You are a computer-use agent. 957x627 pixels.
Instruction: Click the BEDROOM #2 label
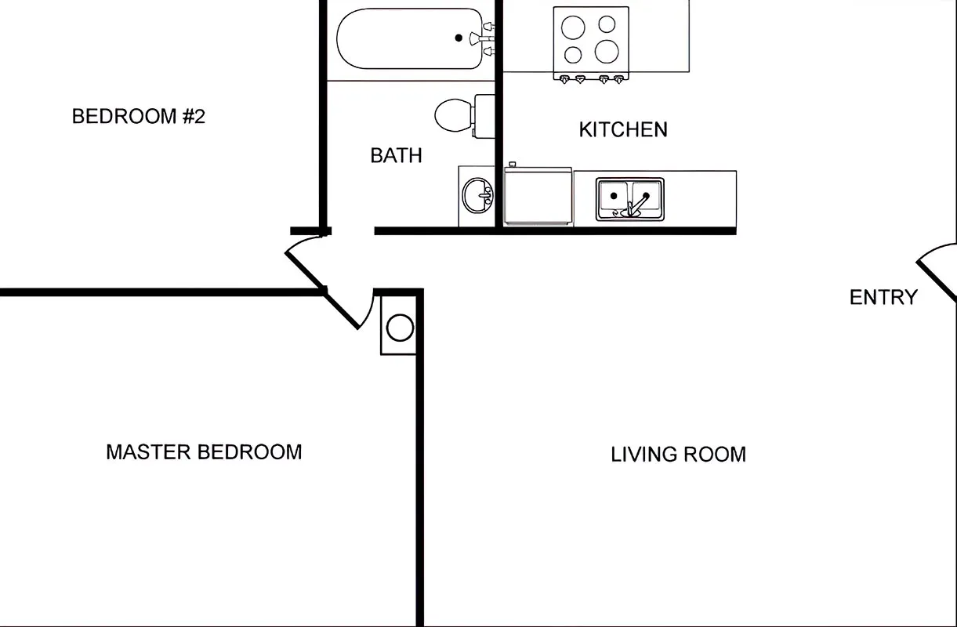[138, 117]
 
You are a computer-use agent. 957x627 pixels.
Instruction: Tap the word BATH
[396, 156]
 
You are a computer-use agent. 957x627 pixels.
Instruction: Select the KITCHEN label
[623, 130]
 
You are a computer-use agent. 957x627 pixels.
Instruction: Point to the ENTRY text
[883, 298]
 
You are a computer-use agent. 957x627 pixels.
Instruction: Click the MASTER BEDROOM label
[204, 452]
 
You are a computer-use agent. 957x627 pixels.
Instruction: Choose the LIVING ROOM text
[678, 455]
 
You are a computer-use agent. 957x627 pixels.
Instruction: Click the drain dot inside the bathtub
[459, 38]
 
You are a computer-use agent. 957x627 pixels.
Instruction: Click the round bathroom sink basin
[476, 196]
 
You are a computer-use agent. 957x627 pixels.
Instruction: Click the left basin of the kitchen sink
[614, 198]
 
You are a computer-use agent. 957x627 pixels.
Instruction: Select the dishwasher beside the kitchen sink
[538, 198]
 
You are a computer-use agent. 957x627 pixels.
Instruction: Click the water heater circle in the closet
[400, 328]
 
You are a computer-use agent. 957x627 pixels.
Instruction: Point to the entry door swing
[937, 270]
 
